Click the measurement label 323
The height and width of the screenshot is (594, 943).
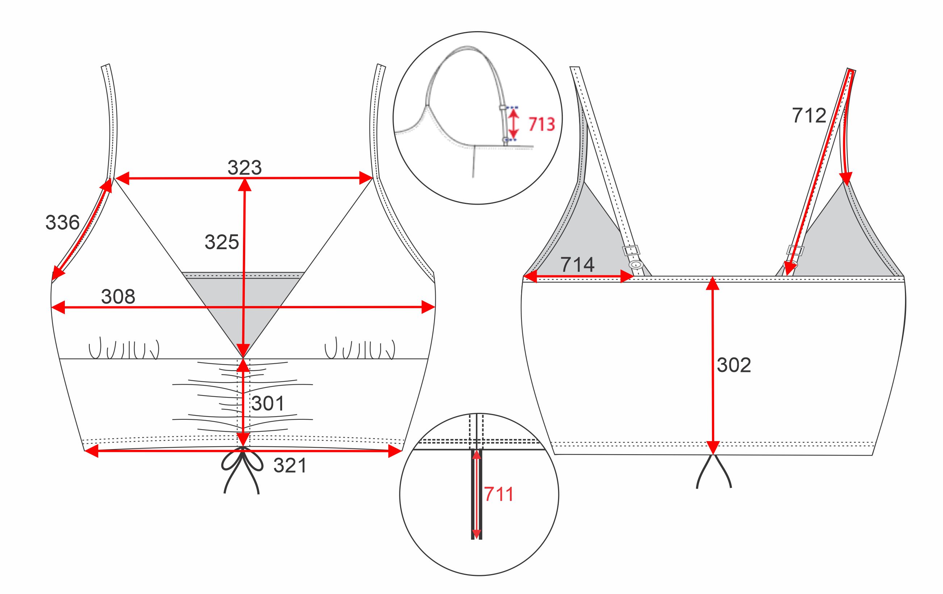(x=244, y=168)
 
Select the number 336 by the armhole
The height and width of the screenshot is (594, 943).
(x=63, y=222)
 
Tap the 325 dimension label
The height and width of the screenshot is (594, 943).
(x=222, y=242)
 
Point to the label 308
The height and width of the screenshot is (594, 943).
(x=118, y=296)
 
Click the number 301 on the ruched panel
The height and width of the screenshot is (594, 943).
(x=268, y=403)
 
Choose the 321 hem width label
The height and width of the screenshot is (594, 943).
(x=290, y=465)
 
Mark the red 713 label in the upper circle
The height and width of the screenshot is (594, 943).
(x=542, y=124)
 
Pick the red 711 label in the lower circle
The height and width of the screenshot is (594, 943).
(x=499, y=494)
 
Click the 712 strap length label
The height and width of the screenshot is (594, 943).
(x=809, y=116)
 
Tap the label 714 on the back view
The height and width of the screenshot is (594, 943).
(x=578, y=265)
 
